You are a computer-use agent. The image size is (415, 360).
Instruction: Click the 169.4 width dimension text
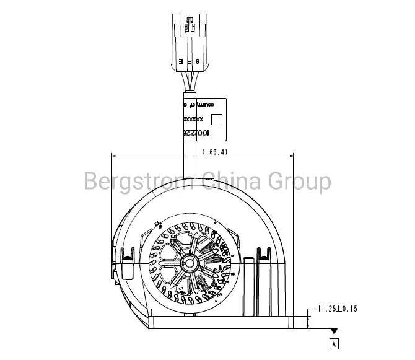coord(215,151)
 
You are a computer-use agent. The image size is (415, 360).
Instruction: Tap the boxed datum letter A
coord(334,342)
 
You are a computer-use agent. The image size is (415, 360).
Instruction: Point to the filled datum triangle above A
coord(334,331)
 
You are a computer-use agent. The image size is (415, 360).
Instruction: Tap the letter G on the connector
coord(198,61)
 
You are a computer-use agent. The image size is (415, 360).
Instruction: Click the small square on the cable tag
coord(216,119)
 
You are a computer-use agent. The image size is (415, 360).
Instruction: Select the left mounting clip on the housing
coord(128,255)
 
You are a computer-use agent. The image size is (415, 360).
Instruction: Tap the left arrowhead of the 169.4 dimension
coord(113,155)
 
